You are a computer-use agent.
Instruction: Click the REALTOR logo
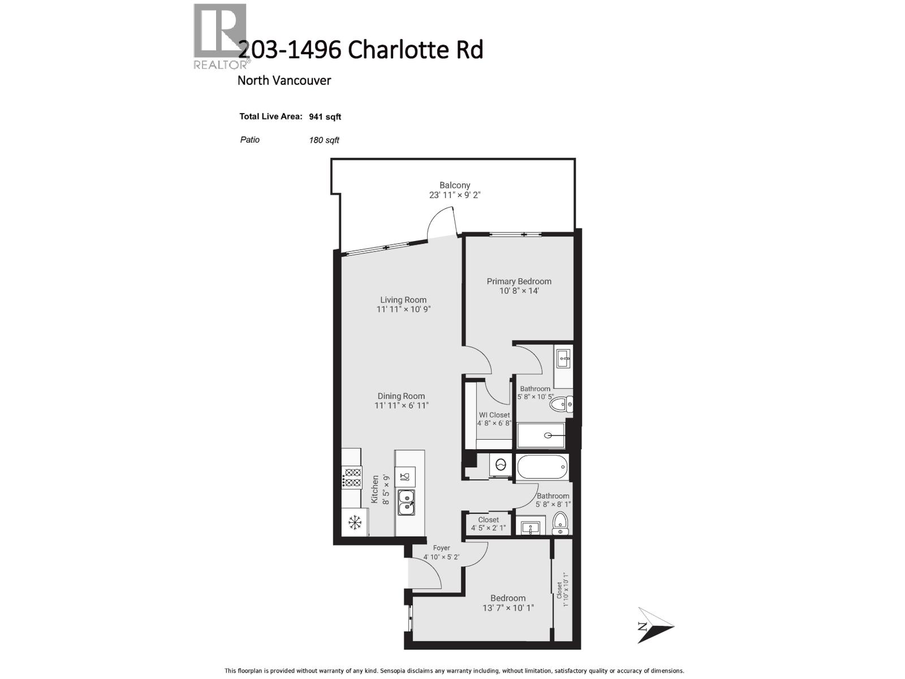[x=220, y=36]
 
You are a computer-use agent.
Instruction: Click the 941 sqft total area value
[x=325, y=117]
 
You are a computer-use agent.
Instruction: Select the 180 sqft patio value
[x=324, y=140]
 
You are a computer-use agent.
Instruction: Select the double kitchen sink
[x=406, y=502]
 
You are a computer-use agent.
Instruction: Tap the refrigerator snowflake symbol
[x=355, y=523]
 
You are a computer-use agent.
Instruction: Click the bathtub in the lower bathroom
[x=542, y=467]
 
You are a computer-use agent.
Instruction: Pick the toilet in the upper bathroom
[x=561, y=404]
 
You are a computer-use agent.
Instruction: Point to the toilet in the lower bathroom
[x=560, y=523]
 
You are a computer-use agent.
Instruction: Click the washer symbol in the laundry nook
[x=501, y=465]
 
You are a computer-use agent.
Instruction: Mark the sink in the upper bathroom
[x=563, y=358]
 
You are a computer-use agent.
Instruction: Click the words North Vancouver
[x=284, y=80]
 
